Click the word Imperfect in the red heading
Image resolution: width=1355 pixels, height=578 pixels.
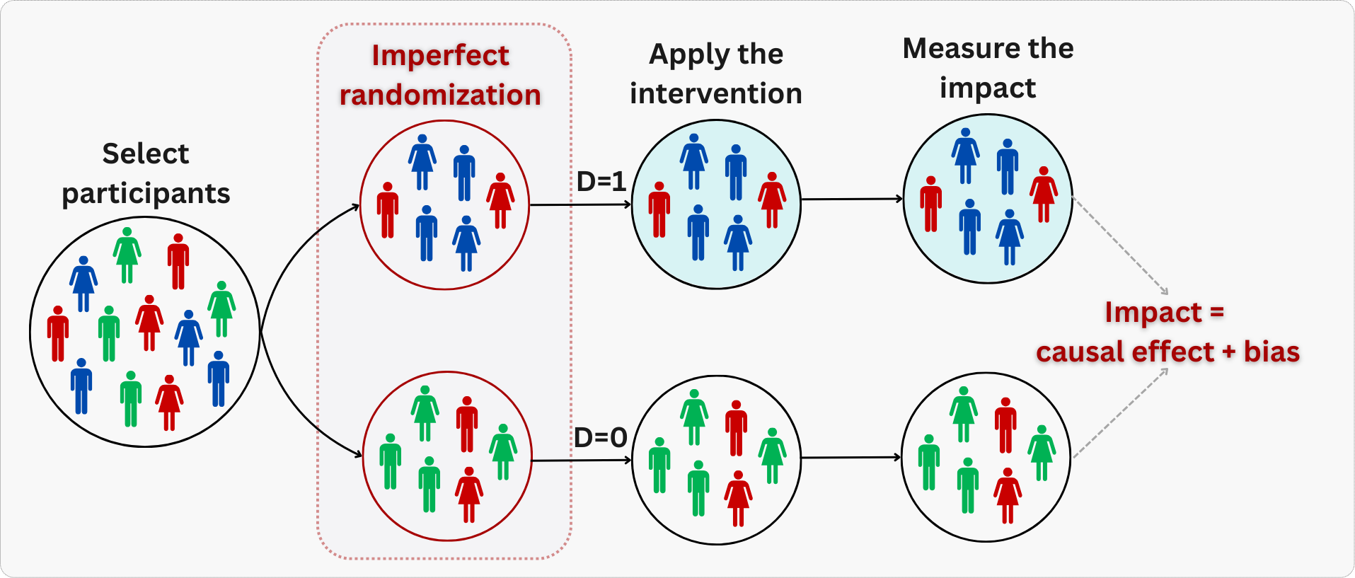click(x=440, y=56)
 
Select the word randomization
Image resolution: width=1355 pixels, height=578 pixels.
click(x=440, y=95)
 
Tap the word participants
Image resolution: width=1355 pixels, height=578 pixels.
click(x=146, y=194)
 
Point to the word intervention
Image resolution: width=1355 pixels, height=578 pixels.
click(x=716, y=93)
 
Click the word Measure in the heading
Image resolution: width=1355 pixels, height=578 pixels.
click(x=952, y=49)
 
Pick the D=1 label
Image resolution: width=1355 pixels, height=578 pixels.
click(x=601, y=182)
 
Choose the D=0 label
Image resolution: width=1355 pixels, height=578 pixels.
click(x=601, y=438)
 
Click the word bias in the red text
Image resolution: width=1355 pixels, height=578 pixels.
click(x=1272, y=352)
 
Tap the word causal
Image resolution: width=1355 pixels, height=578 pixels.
click(x=1079, y=352)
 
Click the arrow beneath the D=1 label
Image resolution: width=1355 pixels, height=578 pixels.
click(x=580, y=204)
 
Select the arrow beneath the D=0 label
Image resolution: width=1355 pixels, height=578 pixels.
click(x=581, y=461)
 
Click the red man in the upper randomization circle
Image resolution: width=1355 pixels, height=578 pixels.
click(x=388, y=210)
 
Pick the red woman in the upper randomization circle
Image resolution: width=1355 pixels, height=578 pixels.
click(x=500, y=200)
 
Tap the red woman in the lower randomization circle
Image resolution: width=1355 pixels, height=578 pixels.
click(x=469, y=495)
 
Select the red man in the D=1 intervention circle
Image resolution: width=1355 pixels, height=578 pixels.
click(x=659, y=209)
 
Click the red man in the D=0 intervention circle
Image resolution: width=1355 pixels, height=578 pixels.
click(x=736, y=428)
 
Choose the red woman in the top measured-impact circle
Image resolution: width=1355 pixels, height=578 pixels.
click(x=1044, y=195)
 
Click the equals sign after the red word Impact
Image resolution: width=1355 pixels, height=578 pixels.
click(x=1217, y=312)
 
